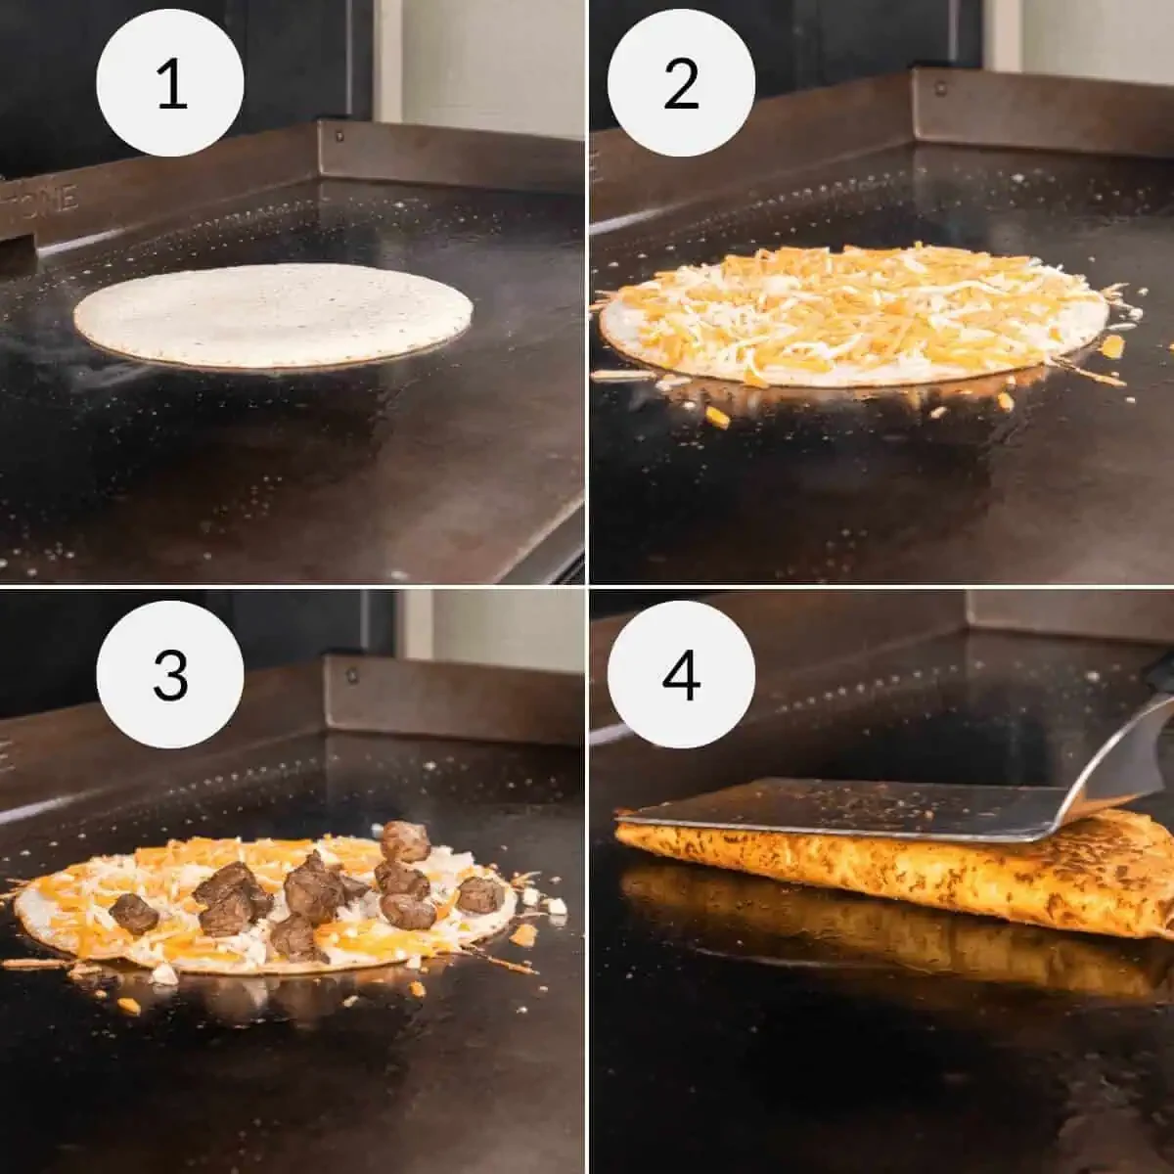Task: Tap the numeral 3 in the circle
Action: [170, 675]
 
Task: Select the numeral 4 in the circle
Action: [681, 675]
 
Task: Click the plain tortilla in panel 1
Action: [273, 315]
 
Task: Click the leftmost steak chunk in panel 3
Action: [133, 913]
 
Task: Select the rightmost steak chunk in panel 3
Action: [480, 894]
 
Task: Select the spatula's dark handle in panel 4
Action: [1162, 675]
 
